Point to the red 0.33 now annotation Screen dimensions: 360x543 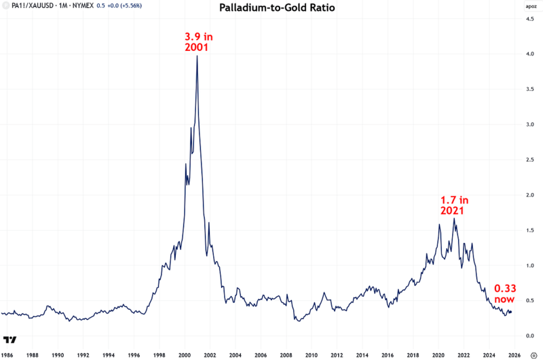point(504,293)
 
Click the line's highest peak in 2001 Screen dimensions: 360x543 point(197,56)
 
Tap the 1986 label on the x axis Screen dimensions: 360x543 point(7,355)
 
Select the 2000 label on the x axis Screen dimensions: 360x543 point(185,355)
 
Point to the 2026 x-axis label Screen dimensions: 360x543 point(514,355)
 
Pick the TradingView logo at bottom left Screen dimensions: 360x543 point(10,339)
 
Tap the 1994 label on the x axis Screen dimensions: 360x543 point(109,355)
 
